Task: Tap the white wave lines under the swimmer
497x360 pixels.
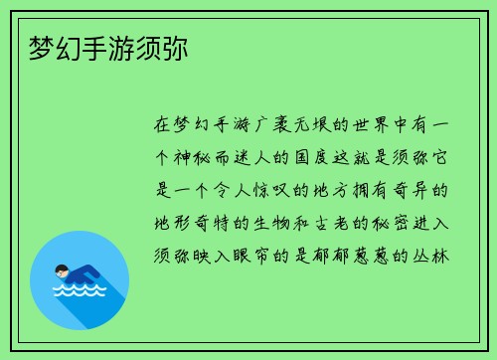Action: pos(80,292)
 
